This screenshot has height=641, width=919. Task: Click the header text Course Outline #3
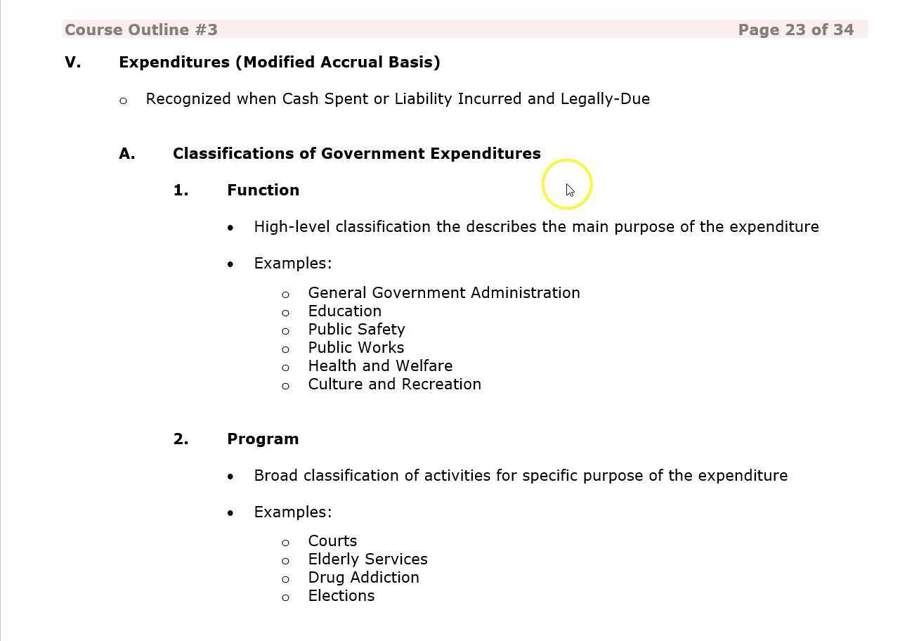[x=141, y=30]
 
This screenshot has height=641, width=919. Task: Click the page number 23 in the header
[x=795, y=30]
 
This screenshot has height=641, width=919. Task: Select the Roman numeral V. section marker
[x=72, y=63]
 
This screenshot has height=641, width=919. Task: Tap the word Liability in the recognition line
[x=423, y=99]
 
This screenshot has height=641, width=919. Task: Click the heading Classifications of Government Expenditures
[x=356, y=154]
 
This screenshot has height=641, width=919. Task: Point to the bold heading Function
[x=263, y=190]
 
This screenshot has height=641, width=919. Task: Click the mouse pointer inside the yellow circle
[x=570, y=190]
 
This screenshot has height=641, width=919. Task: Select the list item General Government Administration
[x=443, y=293]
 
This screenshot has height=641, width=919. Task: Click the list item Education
[x=344, y=311]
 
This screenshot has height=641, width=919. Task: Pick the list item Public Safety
[x=356, y=330]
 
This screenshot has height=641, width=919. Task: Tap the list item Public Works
[x=356, y=348]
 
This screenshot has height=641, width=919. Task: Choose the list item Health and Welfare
[x=380, y=366]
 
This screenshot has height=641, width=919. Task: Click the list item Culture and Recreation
[x=394, y=384]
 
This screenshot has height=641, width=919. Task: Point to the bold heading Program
[x=263, y=439]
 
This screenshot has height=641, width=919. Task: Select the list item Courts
[x=332, y=541]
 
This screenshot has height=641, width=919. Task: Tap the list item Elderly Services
[x=367, y=559]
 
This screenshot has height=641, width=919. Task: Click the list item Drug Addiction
[x=363, y=578]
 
